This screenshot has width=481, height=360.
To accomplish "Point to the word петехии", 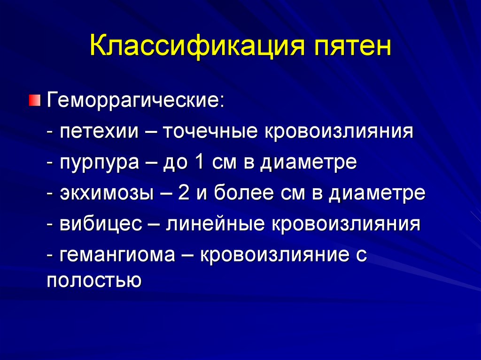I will pos(99,132).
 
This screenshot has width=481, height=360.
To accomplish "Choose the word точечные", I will pos(212,132).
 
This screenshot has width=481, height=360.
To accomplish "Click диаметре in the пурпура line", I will pos(309,163).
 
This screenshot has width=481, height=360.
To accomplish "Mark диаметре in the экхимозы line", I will pos(377,193).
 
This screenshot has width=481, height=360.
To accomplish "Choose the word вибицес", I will pos(101,224).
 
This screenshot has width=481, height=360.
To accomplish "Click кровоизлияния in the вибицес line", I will pos(347,224).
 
